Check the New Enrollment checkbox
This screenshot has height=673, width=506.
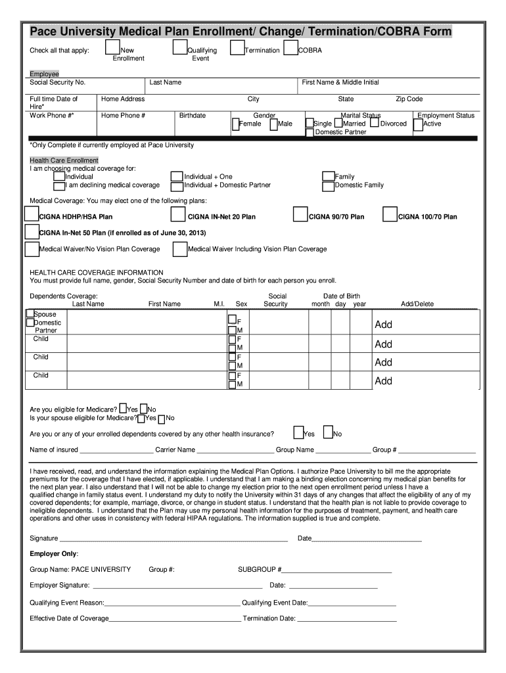tap(113, 47)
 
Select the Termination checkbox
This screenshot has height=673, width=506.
tap(237, 49)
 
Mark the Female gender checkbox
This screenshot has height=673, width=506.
tap(235, 124)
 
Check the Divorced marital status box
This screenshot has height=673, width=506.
tap(374, 123)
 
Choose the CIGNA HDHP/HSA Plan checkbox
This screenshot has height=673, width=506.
tap(31, 214)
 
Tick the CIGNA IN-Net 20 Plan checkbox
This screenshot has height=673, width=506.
tap(177, 215)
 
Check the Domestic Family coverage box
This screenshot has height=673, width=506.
tap(328, 186)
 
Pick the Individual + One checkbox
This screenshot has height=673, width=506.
tap(176, 176)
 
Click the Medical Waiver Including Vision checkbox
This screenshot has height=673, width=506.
tap(179, 249)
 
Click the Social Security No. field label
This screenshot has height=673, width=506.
tap(58, 83)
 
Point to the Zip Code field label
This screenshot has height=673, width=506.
tap(409, 99)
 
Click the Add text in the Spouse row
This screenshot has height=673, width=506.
tap(383, 325)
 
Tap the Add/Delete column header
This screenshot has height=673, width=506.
tap(417, 304)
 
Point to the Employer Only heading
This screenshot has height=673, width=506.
tap(54, 554)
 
